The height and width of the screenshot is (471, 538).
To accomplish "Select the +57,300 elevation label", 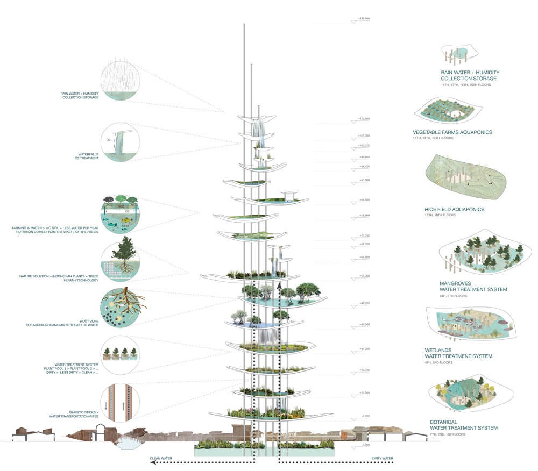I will pyautogui.click(x=364, y=276).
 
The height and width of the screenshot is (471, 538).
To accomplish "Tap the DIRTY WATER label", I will pyautogui.click(x=383, y=459).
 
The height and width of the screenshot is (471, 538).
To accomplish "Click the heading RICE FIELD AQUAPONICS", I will pyautogui.click(x=455, y=210).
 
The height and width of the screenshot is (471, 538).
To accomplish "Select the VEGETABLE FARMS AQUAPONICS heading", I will pyautogui.click(x=452, y=132).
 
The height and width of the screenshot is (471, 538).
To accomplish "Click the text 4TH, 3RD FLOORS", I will pyautogui.click(x=439, y=363).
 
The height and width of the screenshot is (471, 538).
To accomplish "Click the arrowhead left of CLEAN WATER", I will pyautogui.click(x=152, y=462).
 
